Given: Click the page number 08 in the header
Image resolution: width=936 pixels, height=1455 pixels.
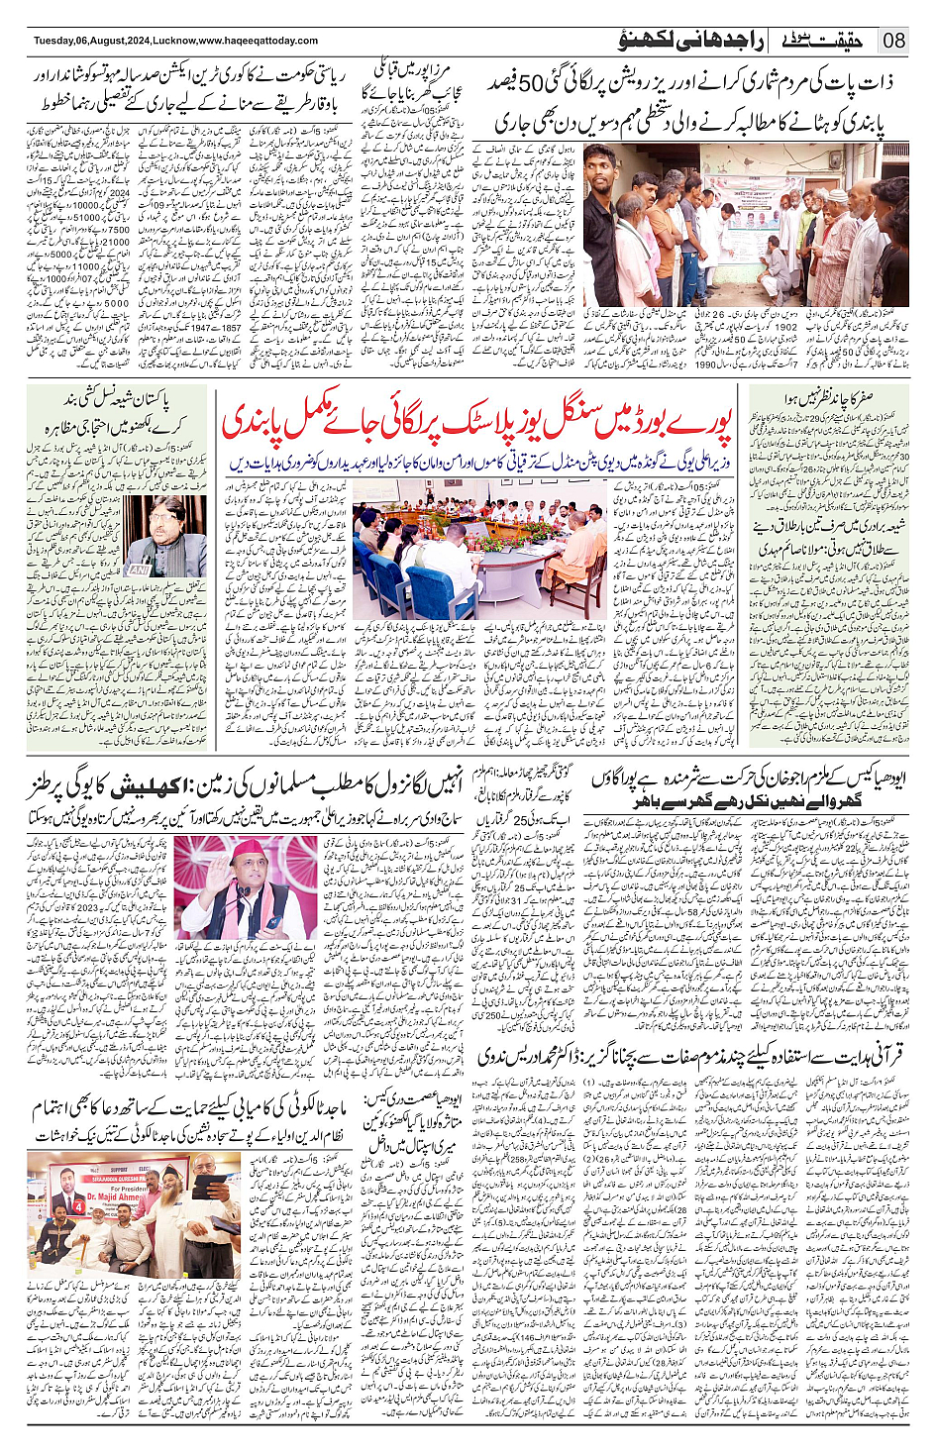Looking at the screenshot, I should point(894,41).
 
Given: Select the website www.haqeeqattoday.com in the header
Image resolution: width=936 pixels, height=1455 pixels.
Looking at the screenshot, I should point(259,41).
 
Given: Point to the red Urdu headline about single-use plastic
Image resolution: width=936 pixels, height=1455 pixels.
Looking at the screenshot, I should point(476,421).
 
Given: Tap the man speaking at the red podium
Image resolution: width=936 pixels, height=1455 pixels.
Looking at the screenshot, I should point(243,876).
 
